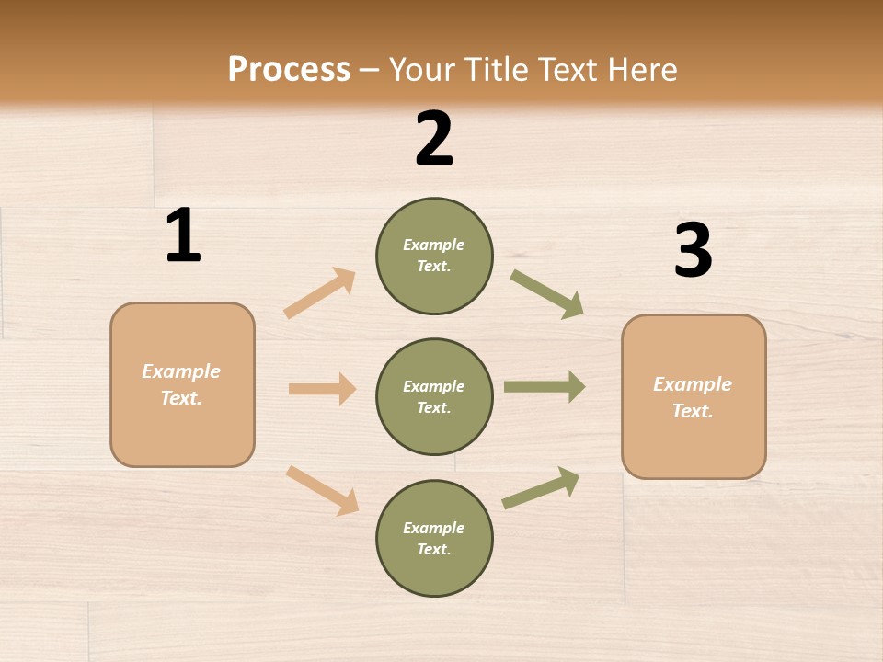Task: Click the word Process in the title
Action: [x=289, y=69]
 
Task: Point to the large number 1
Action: [x=183, y=236]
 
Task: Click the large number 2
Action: [x=434, y=139]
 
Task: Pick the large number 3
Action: [x=693, y=250]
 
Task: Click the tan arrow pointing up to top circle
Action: [x=320, y=293]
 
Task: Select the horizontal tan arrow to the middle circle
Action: [x=322, y=389]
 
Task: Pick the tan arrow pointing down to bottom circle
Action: [x=322, y=490]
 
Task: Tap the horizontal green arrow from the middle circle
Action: [x=545, y=387]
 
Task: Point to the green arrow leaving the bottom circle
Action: [x=541, y=488]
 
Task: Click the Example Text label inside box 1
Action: [x=181, y=384]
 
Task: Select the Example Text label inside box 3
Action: [x=693, y=397]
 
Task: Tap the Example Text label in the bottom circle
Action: [x=433, y=539]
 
